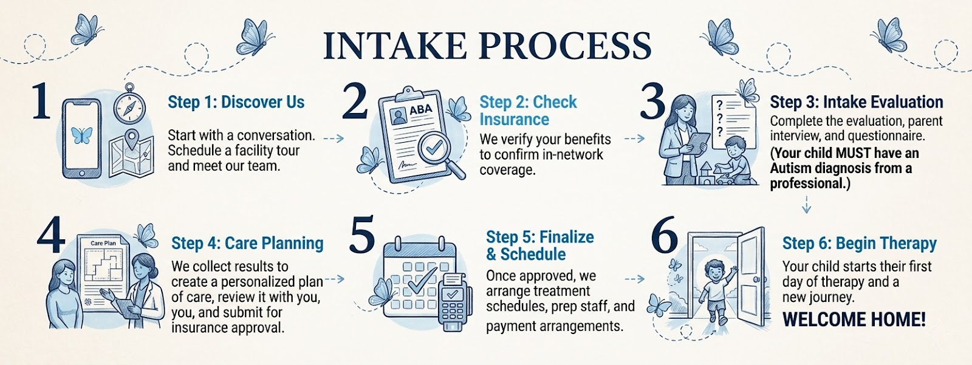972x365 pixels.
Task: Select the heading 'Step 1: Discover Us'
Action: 236,102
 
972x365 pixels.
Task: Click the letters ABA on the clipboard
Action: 420,110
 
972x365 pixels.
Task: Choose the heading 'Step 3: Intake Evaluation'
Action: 856,102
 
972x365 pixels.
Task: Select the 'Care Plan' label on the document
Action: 103,243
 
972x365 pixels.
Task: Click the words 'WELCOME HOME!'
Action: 854,319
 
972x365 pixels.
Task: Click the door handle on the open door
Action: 756,279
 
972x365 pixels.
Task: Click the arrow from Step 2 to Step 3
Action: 634,138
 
